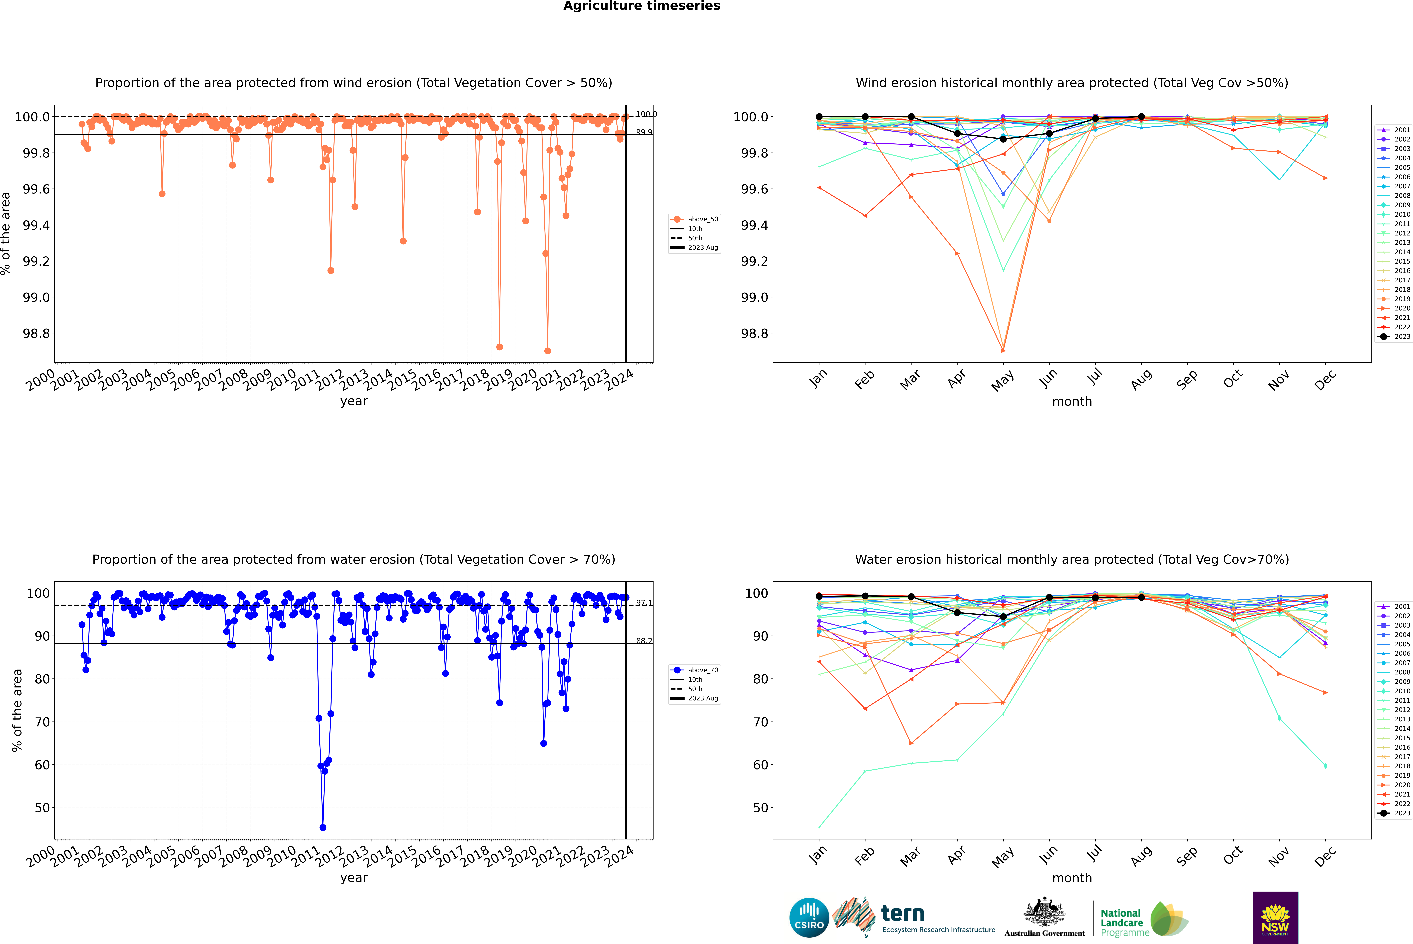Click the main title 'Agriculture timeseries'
coord(641,6)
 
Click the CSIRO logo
coord(809,918)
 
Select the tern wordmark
coord(902,913)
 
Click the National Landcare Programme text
coord(1122,922)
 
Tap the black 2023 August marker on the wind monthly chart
coord(1141,117)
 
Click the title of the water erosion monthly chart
coord(1071,559)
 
